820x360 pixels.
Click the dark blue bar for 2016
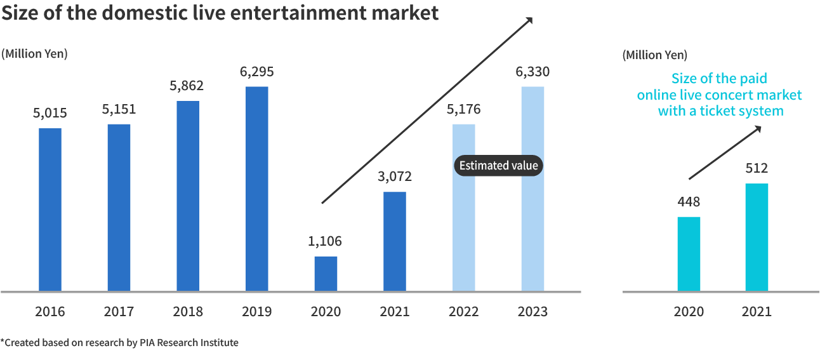[50, 210]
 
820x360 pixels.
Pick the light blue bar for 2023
[532, 189]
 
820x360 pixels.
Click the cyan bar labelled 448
[689, 253]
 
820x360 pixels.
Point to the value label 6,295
[256, 72]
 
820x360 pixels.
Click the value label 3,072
[395, 176]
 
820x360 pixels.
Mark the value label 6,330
[532, 72]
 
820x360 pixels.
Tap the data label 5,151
[119, 109]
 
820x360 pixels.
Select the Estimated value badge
[498, 166]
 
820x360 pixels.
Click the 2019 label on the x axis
[256, 312]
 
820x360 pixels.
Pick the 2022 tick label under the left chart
[463, 312]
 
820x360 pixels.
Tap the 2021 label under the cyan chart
[757, 312]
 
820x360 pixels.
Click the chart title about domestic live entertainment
[220, 13]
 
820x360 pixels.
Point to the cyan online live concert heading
[719, 95]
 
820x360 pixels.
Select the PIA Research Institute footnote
[120, 343]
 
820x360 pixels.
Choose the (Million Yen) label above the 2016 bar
[34, 54]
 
